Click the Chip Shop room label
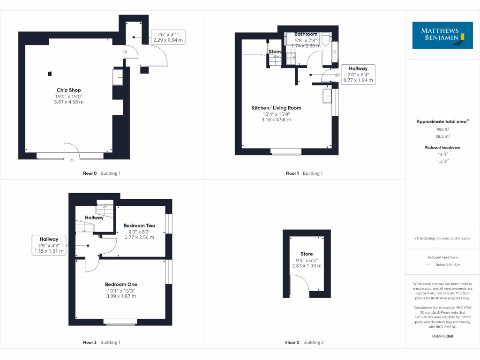69,90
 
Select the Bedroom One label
121,284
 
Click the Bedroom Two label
139,225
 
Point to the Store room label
307,254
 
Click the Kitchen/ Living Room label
276,108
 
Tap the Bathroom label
306,34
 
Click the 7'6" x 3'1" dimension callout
168,37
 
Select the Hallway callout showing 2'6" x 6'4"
358,74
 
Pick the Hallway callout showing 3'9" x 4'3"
49,245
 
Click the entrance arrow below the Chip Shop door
72,162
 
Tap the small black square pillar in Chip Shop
50,73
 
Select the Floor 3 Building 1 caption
101,342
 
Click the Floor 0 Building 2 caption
304,342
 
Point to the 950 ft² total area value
442,129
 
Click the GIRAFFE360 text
442,336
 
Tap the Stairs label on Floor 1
275,52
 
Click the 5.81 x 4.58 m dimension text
69,102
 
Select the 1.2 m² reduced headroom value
442,161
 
